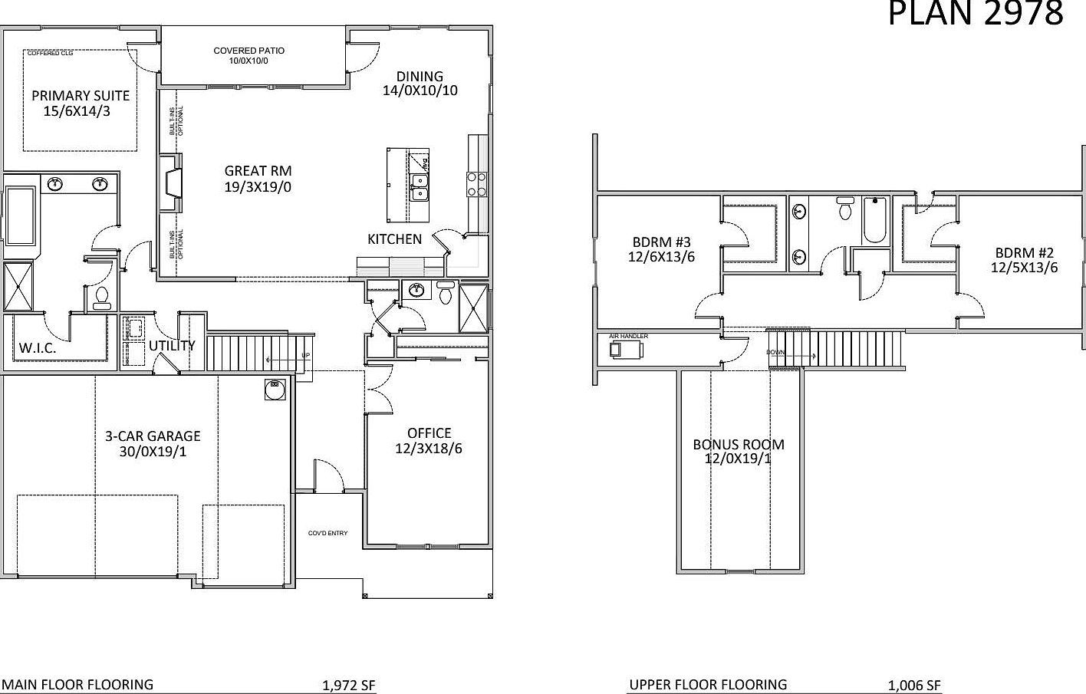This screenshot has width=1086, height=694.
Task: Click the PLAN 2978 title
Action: pyautogui.click(x=976, y=14)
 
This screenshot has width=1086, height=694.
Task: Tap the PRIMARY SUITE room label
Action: pyautogui.click(x=81, y=96)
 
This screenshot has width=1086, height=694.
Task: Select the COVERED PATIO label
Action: pyautogui.click(x=248, y=51)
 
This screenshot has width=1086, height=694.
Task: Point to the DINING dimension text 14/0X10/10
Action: pyautogui.click(x=420, y=90)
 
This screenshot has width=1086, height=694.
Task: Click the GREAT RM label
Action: pyautogui.click(x=258, y=171)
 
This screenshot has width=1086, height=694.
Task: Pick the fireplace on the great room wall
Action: pyautogui.click(x=170, y=183)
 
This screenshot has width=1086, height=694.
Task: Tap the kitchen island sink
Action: pyautogui.click(x=419, y=186)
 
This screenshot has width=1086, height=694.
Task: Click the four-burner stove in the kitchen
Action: pyautogui.click(x=477, y=184)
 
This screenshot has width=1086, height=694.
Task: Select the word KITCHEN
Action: pyautogui.click(x=394, y=239)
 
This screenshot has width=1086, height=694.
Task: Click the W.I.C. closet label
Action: pyautogui.click(x=38, y=347)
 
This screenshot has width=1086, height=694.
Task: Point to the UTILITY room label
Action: pyautogui.click(x=172, y=345)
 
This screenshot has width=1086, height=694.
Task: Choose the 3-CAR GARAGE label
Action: pyautogui.click(x=153, y=436)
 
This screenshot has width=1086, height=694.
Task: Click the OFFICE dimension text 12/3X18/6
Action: pyautogui.click(x=429, y=449)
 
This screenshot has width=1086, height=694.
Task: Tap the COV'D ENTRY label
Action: pyautogui.click(x=327, y=533)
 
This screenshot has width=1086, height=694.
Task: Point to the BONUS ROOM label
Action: pyautogui.click(x=738, y=444)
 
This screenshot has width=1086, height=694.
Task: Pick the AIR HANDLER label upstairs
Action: pyautogui.click(x=628, y=336)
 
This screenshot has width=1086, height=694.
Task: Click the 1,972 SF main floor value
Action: pyautogui.click(x=349, y=686)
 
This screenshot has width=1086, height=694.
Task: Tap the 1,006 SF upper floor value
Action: pyautogui.click(x=914, y=686)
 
